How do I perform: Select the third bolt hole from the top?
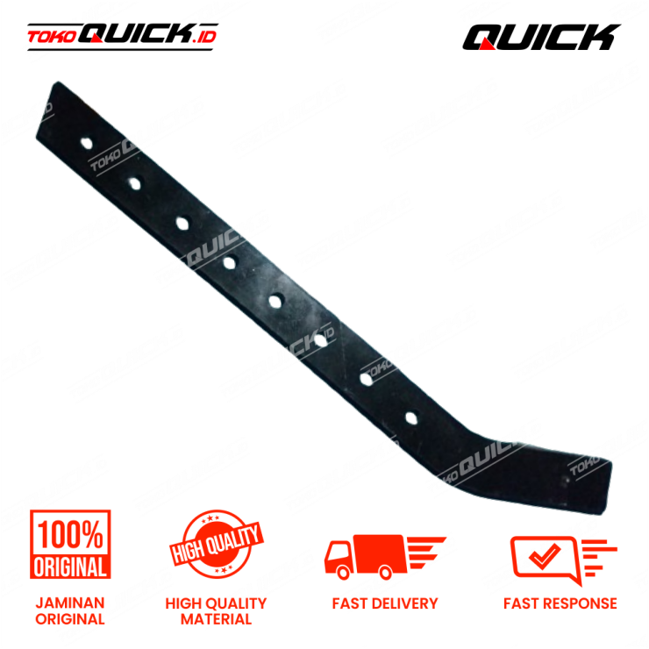(182, 220)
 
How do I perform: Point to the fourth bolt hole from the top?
(229, 260)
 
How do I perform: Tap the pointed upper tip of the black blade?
(60, 85)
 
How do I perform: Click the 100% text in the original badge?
(70, 533)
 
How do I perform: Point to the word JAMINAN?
(70, 603)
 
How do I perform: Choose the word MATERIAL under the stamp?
(216, 618)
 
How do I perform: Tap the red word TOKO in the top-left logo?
(52, 37)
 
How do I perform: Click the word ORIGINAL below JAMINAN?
(70, 618)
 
